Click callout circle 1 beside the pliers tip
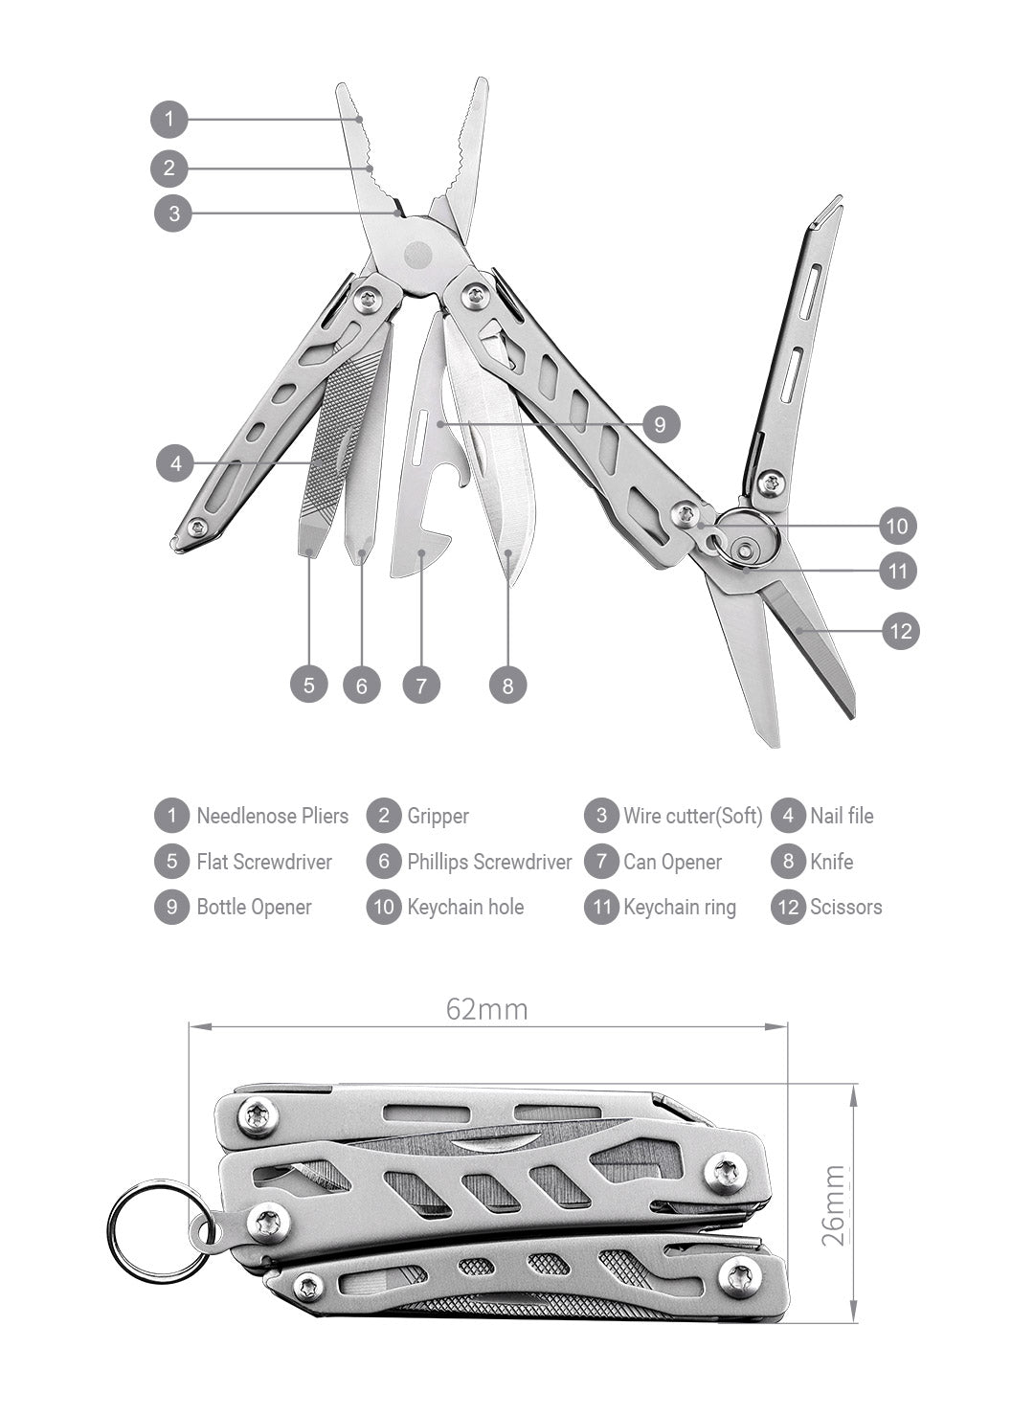coord(169,120)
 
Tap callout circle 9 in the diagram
coord(660,424)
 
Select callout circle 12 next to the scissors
coord(900,631)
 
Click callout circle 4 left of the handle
coord(175,464)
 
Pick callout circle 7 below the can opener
coord(421,685)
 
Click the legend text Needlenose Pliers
coord(272,816)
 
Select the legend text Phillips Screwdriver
coord(488,862)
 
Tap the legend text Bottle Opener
coord(254,907)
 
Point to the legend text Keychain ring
coord(679,907)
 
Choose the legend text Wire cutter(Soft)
coord(692,816)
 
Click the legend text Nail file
coord(842,816)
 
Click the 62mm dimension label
coord(486,1009)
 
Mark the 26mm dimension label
coord(834,1204)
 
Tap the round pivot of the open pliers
coord(418,254)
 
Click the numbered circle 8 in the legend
coord(788,862)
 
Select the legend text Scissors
coord(845,907)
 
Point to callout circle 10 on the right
coord(897,526)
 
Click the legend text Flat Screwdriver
coord(263,862)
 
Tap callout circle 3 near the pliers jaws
coord(173,213)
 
